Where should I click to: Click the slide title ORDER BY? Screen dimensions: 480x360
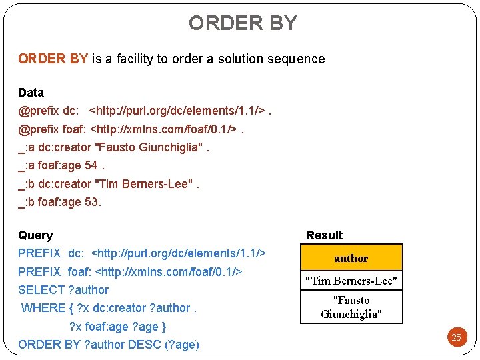243,23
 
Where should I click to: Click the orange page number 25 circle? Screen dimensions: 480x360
456,337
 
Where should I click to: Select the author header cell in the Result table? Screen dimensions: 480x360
351,258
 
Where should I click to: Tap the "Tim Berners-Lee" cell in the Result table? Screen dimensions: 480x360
351,281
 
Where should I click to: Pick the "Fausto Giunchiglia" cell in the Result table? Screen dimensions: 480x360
351,307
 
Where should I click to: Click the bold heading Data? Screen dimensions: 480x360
31,93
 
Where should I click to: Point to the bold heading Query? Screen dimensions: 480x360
35,235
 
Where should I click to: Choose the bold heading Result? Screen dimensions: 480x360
324,235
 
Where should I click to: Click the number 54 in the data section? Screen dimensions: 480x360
91,165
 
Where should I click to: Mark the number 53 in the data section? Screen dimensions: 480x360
93,202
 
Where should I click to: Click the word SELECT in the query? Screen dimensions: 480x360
41,290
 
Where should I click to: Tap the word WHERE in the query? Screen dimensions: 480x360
43,308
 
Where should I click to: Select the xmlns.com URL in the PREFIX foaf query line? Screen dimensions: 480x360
169,272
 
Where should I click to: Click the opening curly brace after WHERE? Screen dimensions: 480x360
71,308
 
